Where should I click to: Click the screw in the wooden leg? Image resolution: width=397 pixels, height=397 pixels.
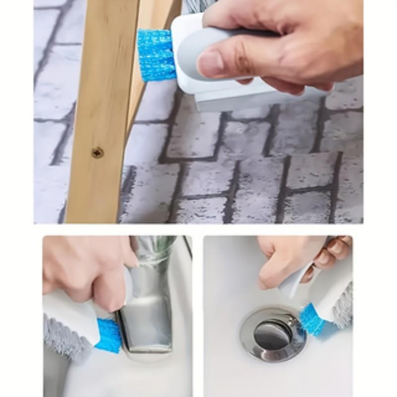point(98,153)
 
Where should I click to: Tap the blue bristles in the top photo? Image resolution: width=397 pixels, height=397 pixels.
point(156,55)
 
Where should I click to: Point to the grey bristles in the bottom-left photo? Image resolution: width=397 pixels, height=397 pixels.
point(65,337)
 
